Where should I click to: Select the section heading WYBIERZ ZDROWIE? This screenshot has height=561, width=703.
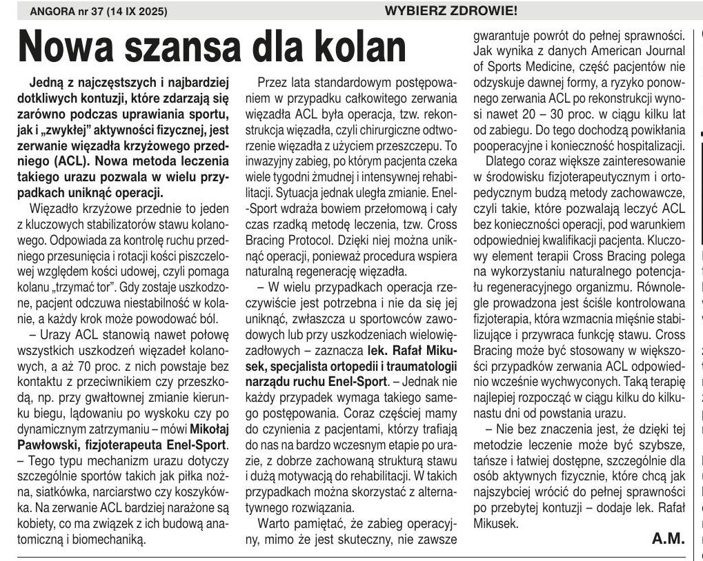pyautogui.click(x=451, y=11)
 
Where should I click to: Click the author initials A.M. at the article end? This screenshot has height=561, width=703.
pyautogui.click(x=668, y=539)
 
